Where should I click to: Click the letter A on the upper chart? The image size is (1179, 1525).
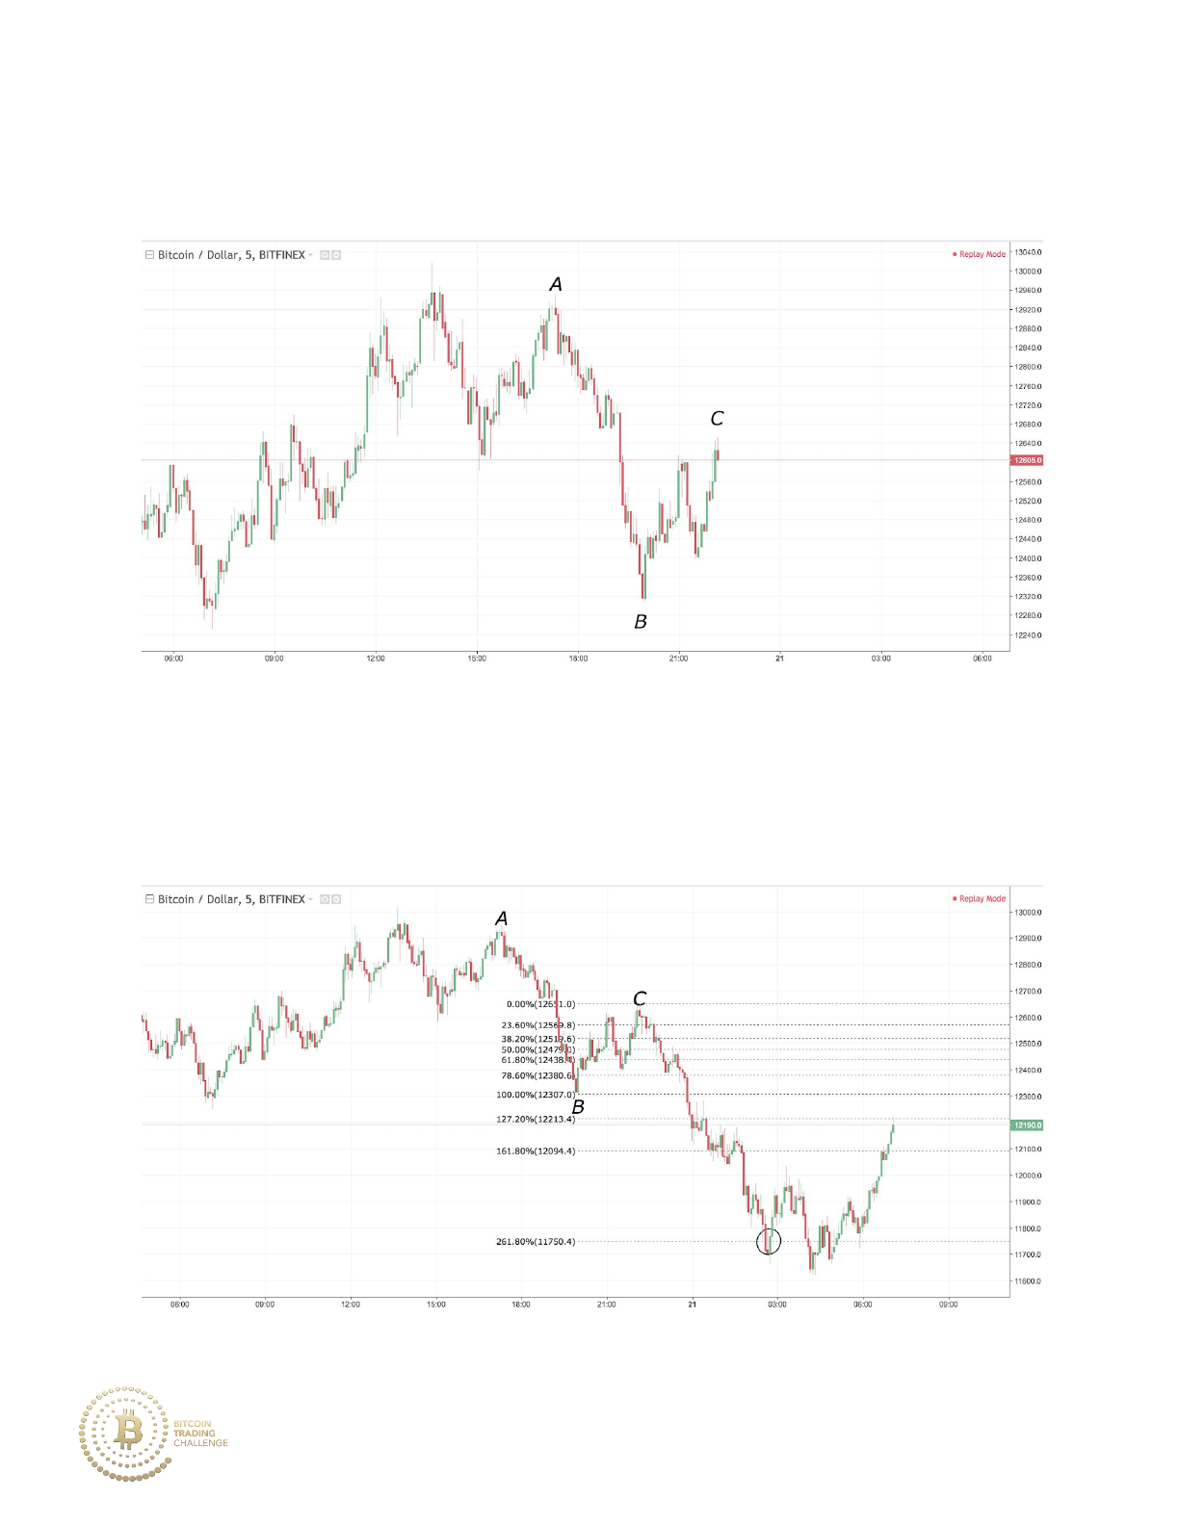coord(556,284)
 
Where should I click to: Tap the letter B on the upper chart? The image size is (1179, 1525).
coord(641,622)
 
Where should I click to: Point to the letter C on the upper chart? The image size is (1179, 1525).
coord(717,419)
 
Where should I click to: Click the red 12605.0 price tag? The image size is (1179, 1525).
coord(1027,460)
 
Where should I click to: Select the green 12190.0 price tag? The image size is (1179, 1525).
coord(1027,1124)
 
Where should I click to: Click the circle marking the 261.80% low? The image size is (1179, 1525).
coord(769,1241)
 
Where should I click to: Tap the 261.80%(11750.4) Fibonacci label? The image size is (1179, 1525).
coord(536,1242)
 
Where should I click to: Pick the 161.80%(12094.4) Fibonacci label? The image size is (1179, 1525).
coord(536,1151)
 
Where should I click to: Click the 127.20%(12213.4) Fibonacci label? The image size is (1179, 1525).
coord(536,1120)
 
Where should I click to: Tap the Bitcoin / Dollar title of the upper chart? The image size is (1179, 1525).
coord(231,255)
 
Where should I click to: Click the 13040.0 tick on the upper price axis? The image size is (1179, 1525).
coord(1028,252)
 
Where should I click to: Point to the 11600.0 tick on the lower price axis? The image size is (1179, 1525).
coord(1028,1281)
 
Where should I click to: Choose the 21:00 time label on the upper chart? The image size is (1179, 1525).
coord(678,659)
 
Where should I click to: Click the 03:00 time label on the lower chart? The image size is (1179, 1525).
coord(776,1305)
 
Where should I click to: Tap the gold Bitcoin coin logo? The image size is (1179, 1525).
coord(127,1433)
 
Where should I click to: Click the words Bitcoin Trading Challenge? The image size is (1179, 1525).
coord(200,1433)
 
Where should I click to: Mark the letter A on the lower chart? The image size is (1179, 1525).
coord(501,919)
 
